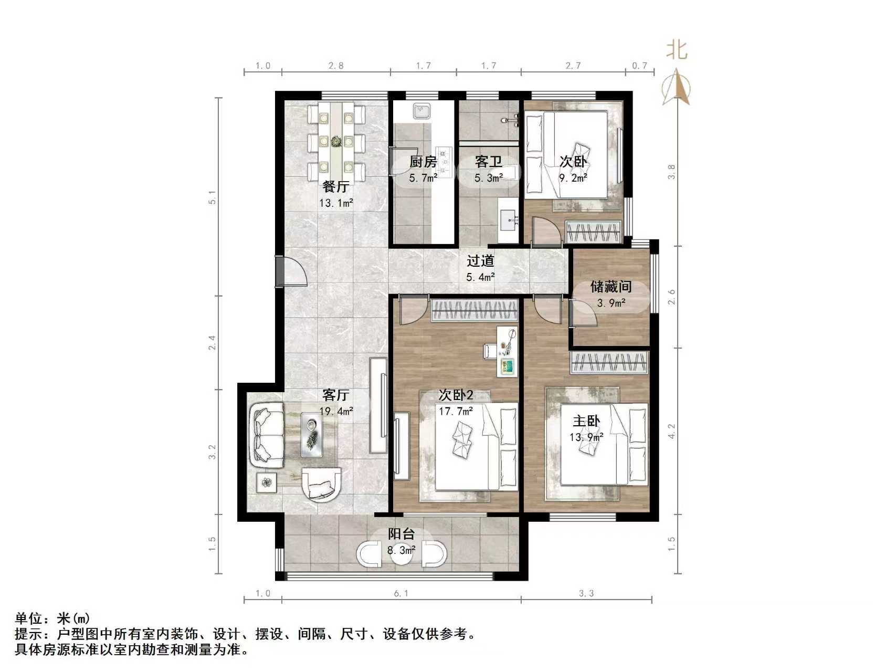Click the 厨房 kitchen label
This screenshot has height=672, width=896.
coord(423,162)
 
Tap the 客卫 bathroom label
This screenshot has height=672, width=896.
coord(488,162)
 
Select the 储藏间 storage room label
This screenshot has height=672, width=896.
coord(610,287)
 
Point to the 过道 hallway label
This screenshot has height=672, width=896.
coord(480,261)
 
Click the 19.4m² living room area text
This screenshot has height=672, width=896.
coord(336,412)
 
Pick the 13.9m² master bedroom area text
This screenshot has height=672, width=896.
coord(586,436)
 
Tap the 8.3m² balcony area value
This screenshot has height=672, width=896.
coord(402,550)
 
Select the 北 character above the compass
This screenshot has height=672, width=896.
coord(677,50)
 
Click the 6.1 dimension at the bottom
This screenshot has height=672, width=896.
coord(401,593)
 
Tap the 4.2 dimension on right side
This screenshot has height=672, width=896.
coord(671,432)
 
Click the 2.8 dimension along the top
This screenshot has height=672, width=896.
coord(336,66)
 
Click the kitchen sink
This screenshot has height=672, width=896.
coord(421,111)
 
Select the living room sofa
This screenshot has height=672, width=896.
coord(268,434)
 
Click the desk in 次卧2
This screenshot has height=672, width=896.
coord(507,351)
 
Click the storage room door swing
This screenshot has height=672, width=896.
coord(583,314)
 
